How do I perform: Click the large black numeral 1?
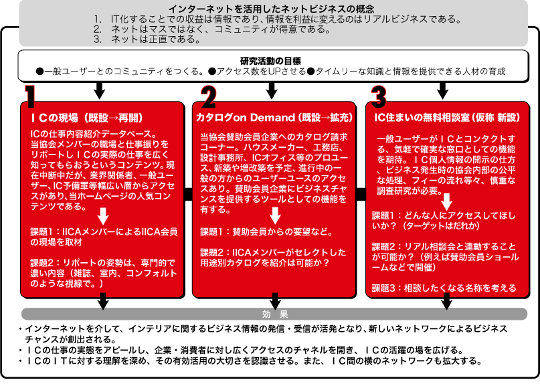click(x=30, y=96)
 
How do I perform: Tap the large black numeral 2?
click(x=209, y=96)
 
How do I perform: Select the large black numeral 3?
click(x=379, y=96)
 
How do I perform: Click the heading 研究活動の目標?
click(x=270, y=61)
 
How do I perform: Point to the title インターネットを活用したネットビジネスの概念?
click(x=271, y=9)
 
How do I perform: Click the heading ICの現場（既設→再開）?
click(x=87, y=118)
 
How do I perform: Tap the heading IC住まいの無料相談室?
click(x=422, y=118)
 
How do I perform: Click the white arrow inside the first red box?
click(x=103, y=216)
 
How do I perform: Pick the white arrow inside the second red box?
click(x=275, y=215)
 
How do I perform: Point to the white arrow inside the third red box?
click(x=447, y=202)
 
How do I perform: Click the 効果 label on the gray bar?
click(x=275, y=314)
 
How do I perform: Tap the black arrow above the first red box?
click(x=100, y=90)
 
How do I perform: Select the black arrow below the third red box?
click(x=447, y=301)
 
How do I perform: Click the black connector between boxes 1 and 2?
click(x=189, y=194)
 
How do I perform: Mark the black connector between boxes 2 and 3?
click(x=361, y=194)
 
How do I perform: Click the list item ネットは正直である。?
click(x=157, y=39)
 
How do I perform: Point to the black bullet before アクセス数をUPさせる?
click(x=212, y=72)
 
